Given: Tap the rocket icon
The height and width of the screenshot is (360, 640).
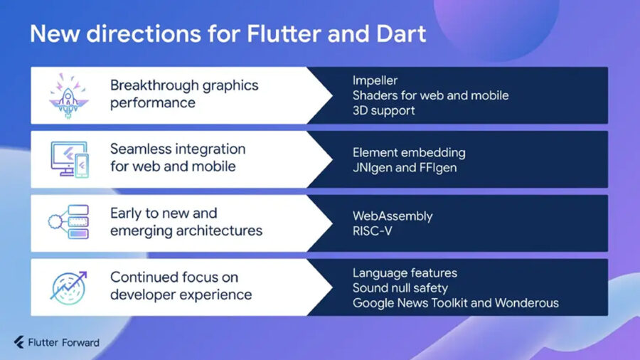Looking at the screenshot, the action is pyautogui.click(x=68, y=96).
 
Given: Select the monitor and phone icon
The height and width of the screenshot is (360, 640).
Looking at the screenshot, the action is pyautogui.click(x=70, y=159).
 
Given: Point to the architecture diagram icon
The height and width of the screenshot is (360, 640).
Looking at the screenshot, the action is pyautogui.click(x=68, y=222).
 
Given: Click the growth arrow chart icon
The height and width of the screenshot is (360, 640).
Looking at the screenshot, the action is pyautogui.click(x=68, y=287).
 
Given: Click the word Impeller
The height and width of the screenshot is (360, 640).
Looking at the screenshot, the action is pyautogui.click(x=375, y=80).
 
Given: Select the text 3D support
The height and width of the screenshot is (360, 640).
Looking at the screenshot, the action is pyautogui.click(x=384, y=110).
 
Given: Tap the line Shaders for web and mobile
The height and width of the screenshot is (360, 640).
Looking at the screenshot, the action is pyautogui.click(x=431, y=95).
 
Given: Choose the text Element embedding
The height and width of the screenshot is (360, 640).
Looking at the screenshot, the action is pyautogui.click(x=409, y=153).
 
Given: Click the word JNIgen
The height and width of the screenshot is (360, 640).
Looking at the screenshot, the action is pyautogui.click(x=372, y=168).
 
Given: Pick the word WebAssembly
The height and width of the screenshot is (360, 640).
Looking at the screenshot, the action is pyautogui.click(x=393, y=216).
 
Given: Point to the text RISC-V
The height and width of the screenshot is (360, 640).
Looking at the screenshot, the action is pyautogui.click(x=372, y=231).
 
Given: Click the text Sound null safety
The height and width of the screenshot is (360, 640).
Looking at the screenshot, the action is pyautogui.click(x=400, y=288).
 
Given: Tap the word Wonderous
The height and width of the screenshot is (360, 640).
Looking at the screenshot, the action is pyautogui.click(x=526, y=303).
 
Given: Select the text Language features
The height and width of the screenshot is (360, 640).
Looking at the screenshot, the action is pyautogui.click(x=405, y=273).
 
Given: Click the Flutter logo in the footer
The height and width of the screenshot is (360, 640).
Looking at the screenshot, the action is pyautogui.click(x=18, y=342).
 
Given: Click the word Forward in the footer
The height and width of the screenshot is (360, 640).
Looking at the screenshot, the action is pyautogui.click(x=81, y=342).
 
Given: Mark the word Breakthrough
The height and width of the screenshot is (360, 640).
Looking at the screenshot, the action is pyautogui.click(x=154, y=85).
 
